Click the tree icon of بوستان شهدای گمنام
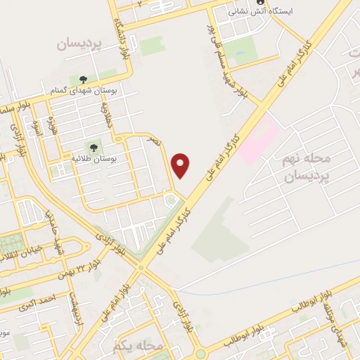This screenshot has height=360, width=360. coord(83,79)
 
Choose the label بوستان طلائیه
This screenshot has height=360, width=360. coord(98,160)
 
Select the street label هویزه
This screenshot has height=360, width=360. coord(51,127)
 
